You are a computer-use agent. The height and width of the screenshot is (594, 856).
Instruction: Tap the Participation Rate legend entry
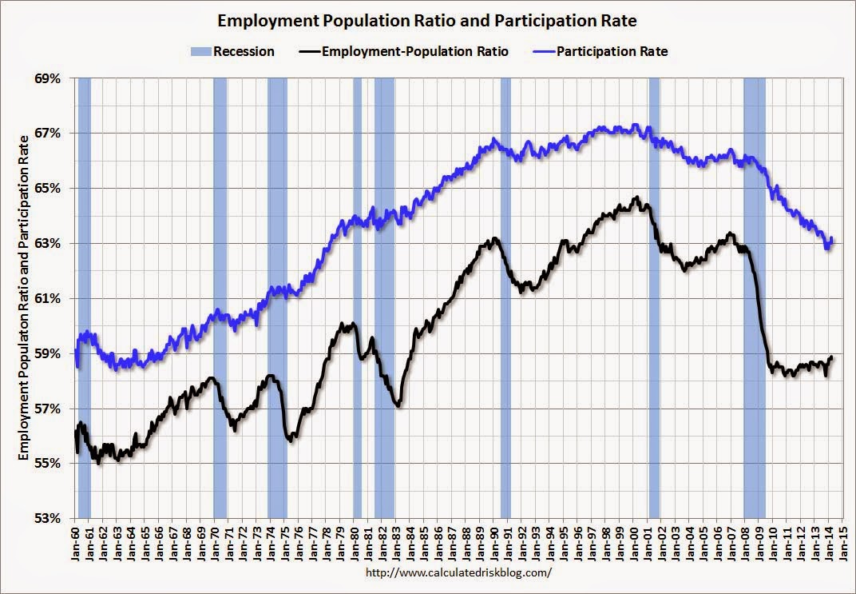click(612, 52)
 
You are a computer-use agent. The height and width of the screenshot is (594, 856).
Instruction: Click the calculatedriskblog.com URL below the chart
click(458, 573)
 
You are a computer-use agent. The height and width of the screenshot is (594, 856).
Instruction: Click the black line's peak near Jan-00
click(636, 197)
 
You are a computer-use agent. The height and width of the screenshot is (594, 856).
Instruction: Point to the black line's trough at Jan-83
click(398, 407)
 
